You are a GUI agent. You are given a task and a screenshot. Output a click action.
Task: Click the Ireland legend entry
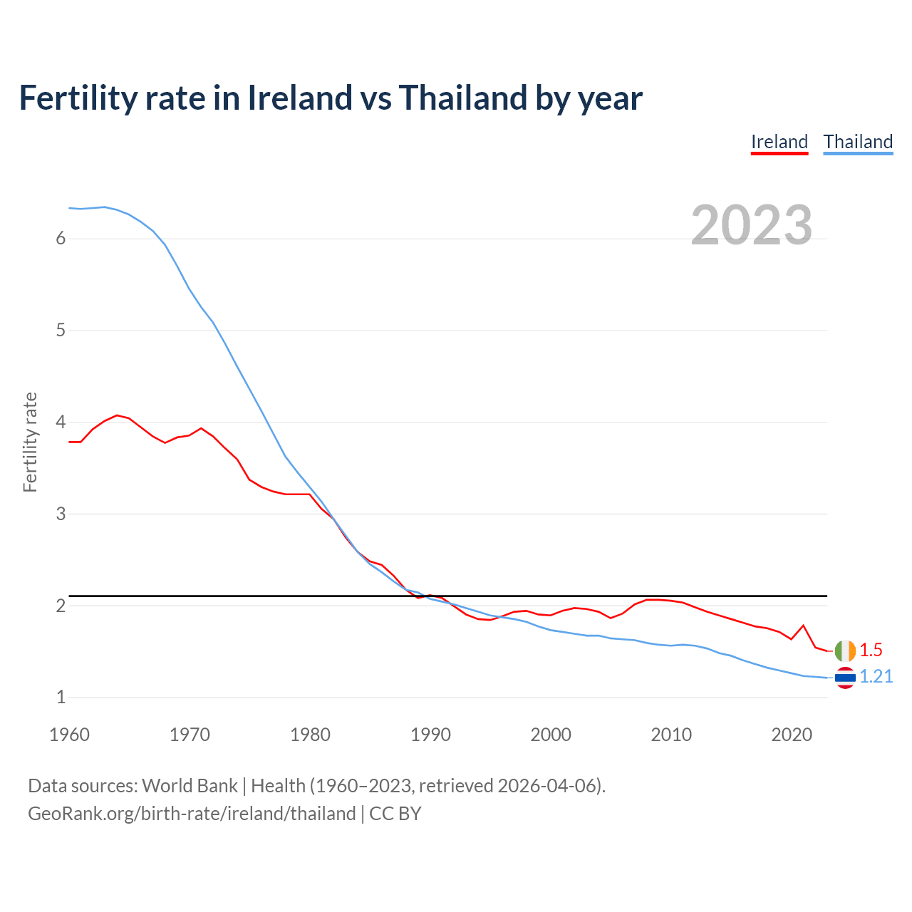779,142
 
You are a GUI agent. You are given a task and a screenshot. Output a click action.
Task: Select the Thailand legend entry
858,142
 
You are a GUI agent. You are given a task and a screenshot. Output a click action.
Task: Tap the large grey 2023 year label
752,225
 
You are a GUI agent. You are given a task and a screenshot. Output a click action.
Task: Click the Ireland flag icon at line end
845,651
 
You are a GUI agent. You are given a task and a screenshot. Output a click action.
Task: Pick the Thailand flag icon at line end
845,677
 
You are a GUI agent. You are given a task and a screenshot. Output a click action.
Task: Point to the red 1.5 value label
871,650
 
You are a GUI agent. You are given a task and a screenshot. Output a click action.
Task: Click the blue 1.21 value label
876,676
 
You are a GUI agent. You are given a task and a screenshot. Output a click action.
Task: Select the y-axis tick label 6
61,239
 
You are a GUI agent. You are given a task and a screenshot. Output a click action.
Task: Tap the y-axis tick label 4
61,423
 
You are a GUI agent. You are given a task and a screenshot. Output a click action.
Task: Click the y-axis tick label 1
61,698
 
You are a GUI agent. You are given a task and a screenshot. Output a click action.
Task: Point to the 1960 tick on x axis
69,735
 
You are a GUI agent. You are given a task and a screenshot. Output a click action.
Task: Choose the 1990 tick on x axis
430,735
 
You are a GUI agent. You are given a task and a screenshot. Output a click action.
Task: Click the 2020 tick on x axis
792,735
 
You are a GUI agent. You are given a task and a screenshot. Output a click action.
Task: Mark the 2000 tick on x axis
551,735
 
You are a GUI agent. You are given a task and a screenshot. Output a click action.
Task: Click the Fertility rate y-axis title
30,442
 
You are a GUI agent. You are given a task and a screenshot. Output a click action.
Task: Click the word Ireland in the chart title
300,98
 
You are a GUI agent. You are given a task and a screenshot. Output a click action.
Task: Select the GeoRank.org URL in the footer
192,814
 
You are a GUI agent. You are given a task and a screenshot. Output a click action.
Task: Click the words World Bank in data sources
190,786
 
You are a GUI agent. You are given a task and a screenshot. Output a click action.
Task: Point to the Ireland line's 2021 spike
803,626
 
